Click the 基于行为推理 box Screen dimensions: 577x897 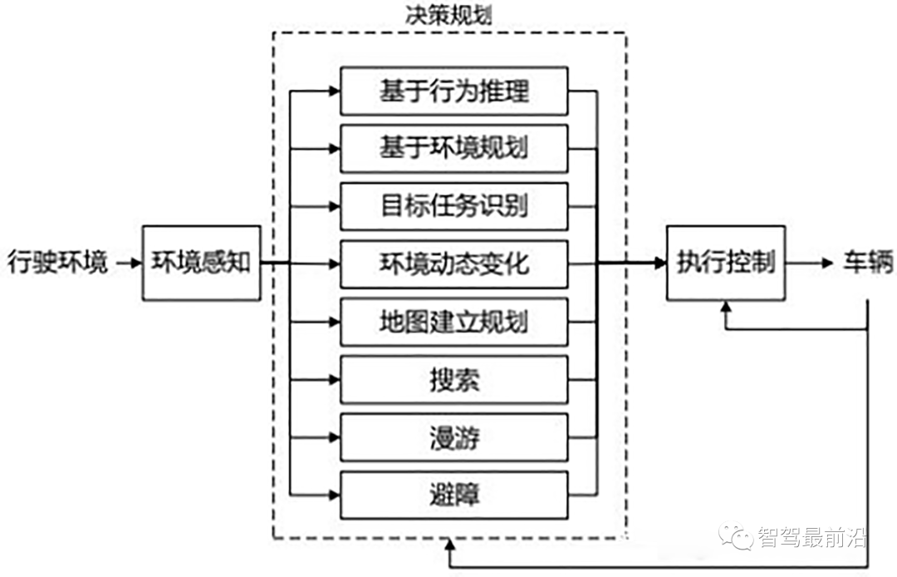point(454,91)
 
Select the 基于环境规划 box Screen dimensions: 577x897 point(454,149)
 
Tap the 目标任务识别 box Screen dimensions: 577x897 point(454,206)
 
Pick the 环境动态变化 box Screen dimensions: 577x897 point(454,264)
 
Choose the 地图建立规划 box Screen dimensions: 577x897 point(454,322)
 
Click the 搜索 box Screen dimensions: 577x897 point(454,380)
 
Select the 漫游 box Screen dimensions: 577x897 point(454,437)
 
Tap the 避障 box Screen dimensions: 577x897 point(454,496)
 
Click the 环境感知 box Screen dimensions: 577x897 point(201,263)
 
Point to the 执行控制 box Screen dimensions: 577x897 point(726,263)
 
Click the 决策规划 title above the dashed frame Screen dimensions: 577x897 point(449,16)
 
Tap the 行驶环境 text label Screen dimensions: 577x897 point(57,264)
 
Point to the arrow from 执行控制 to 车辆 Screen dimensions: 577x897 point(810,264)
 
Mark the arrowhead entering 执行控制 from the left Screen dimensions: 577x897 point(660,264)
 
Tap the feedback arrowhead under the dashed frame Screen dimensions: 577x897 point(449,545)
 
